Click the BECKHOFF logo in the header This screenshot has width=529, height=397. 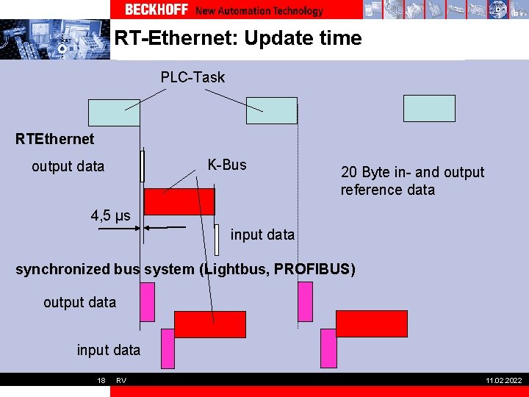(x=156, y=10)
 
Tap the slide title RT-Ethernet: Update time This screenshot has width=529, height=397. (x=238, y=38)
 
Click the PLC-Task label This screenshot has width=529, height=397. (x=192, y=77)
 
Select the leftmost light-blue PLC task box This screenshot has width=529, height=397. (x=114, y=112)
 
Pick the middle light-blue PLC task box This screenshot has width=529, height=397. (x=271, y=110)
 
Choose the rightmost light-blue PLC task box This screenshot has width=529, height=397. (x=429, y=108)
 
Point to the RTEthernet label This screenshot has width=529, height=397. (x=55, y=139)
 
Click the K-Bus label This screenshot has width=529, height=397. (x=227, y=165)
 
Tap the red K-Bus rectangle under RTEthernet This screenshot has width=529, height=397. (x=179, y=201)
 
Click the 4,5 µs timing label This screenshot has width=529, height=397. (x=110, y=215)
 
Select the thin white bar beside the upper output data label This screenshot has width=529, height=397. (x=143, y=165)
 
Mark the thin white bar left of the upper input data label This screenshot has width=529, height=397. (x=217, y=240)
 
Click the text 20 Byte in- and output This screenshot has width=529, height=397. (x=412, y=173)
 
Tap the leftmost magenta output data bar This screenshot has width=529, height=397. (x=147, y=302)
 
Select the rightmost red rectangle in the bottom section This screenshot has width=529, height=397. (x=371, y=323)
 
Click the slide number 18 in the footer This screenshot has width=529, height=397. (x=101, y=380)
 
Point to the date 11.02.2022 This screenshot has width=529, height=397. (x=503, y=380)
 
